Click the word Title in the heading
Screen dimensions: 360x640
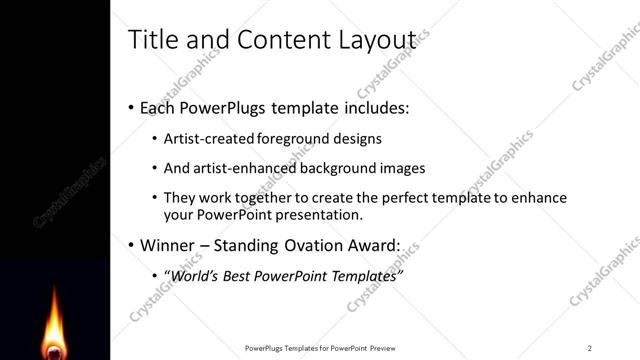(153, 40)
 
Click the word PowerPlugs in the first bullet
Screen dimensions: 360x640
(221, 107)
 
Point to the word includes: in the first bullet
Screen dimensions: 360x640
(372, 107)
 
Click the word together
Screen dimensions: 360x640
(265, 198)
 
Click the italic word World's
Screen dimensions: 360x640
(194, 274)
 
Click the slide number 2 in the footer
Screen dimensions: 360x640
(590, 347)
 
